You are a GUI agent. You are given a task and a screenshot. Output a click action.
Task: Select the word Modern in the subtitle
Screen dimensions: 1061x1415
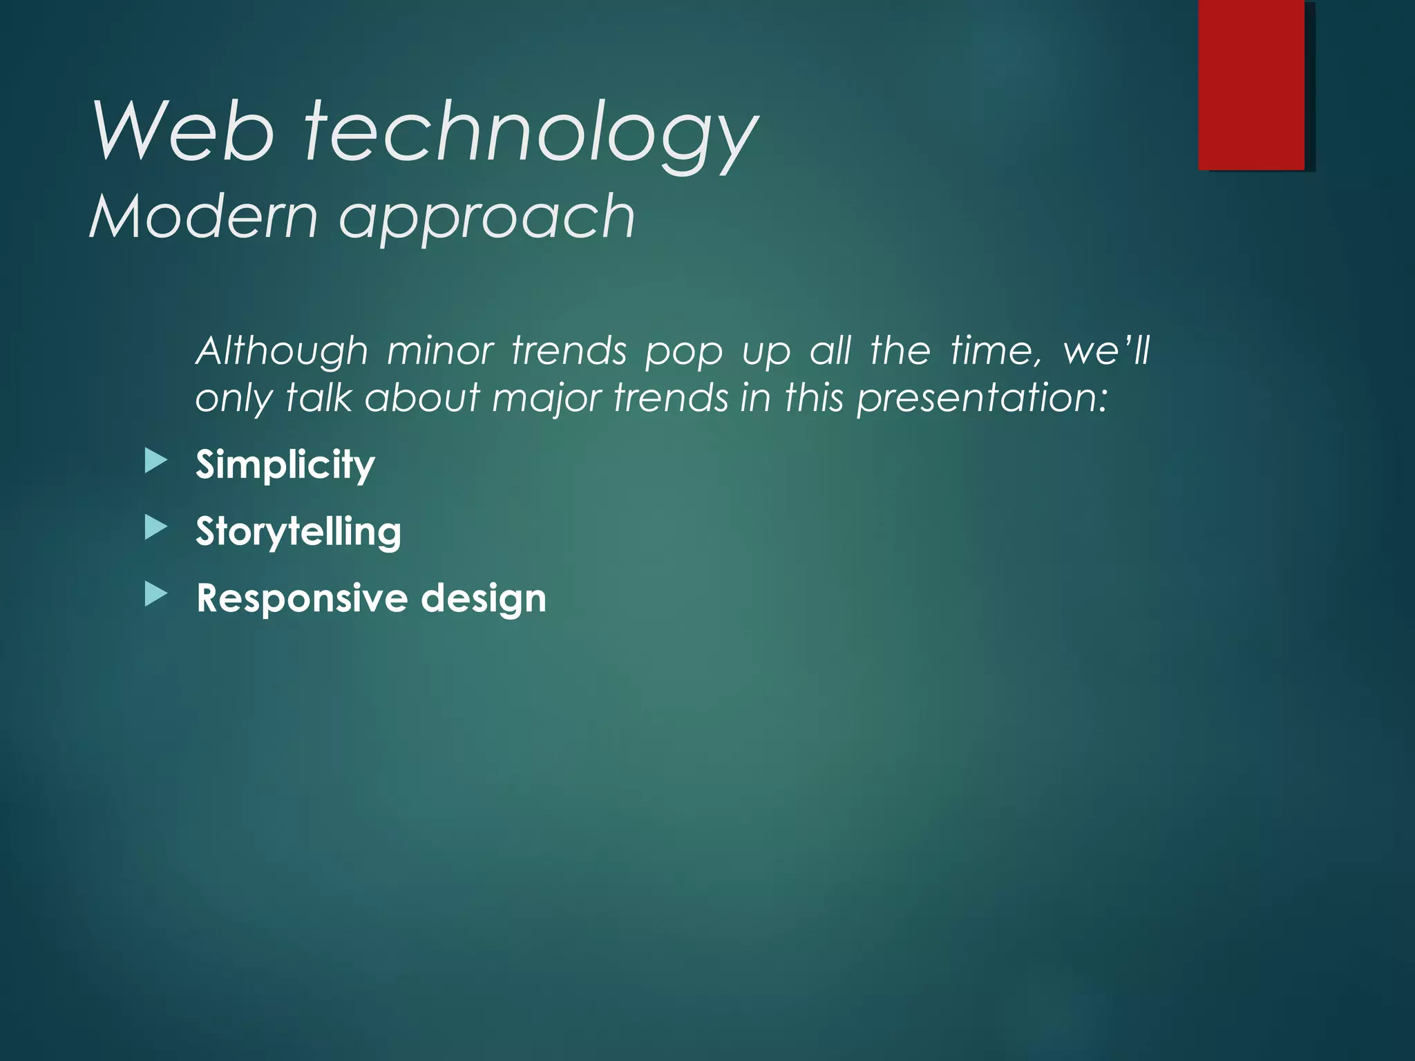[x=204, y=217]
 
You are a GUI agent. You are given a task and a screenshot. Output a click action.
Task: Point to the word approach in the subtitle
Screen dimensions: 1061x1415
[x=486, y=220]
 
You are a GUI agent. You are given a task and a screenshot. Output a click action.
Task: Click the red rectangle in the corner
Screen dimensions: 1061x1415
[x=1251, y=84]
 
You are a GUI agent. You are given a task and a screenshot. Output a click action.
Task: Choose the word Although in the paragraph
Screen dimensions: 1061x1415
[x=282, y=352]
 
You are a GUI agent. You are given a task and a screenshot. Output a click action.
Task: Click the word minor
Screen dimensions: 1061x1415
[x=440, y=350]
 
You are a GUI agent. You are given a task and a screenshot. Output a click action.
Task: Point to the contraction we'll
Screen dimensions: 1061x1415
[x=1106, y=350]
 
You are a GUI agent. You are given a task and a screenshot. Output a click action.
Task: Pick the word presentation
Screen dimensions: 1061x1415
[x=982, y=400]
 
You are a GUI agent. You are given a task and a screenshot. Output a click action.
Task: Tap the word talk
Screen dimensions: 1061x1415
[x=319, y=399]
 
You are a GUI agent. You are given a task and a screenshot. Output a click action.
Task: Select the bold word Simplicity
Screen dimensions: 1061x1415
[x=285, y=465]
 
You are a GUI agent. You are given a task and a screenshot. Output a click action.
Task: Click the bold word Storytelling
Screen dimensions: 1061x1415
[x=298, y=532]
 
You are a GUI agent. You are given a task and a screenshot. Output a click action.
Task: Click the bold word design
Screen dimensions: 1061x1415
[x=484, y=598]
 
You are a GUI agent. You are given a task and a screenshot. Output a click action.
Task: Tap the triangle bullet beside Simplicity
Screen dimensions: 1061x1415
[x=156, y=461]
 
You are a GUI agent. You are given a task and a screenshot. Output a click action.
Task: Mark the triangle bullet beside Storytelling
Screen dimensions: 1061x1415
[x=156, y=528]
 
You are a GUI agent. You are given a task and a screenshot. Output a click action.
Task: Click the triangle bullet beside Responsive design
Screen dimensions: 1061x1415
[x=156, y=595]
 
